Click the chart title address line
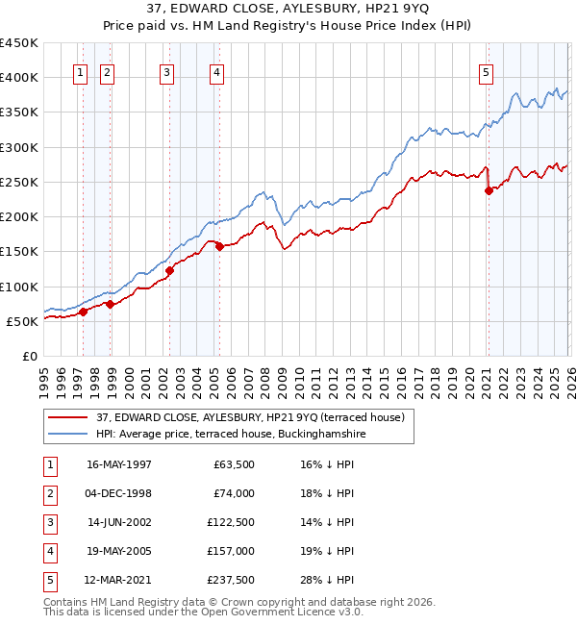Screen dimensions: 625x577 pos(288,10)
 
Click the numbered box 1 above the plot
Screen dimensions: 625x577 pos(80,71)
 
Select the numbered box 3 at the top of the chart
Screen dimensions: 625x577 pos(167,71)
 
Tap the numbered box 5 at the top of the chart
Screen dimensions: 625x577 pos(487,71)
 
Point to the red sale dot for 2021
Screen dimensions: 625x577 pos(489,190)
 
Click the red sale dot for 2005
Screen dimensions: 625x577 pos(219,246)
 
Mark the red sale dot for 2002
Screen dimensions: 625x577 pos(169,270)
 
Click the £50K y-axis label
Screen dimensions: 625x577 pos(22,321)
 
